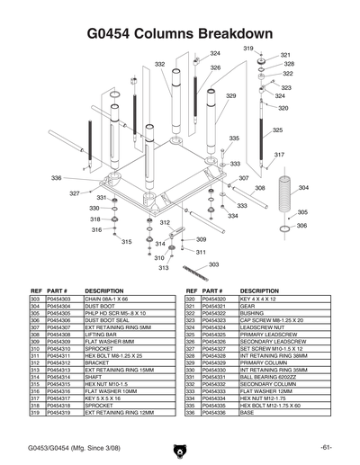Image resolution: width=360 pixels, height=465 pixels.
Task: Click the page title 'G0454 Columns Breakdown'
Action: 179,33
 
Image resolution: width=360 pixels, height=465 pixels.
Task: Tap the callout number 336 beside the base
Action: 56,178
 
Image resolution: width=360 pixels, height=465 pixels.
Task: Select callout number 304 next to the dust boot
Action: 303,188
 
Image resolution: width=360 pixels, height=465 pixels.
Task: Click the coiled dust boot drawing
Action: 284,206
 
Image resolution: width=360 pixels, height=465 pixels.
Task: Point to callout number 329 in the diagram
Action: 230,96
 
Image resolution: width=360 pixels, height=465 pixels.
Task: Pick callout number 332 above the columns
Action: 159,65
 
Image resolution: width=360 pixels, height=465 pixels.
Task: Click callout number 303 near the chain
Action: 213,264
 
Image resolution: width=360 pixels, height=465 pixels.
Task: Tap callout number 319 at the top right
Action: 247,48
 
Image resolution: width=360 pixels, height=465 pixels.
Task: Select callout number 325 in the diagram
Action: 278,130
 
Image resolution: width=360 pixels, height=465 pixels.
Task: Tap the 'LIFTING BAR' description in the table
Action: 103,335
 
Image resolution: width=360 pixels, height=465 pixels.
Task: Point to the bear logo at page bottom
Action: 180,447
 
